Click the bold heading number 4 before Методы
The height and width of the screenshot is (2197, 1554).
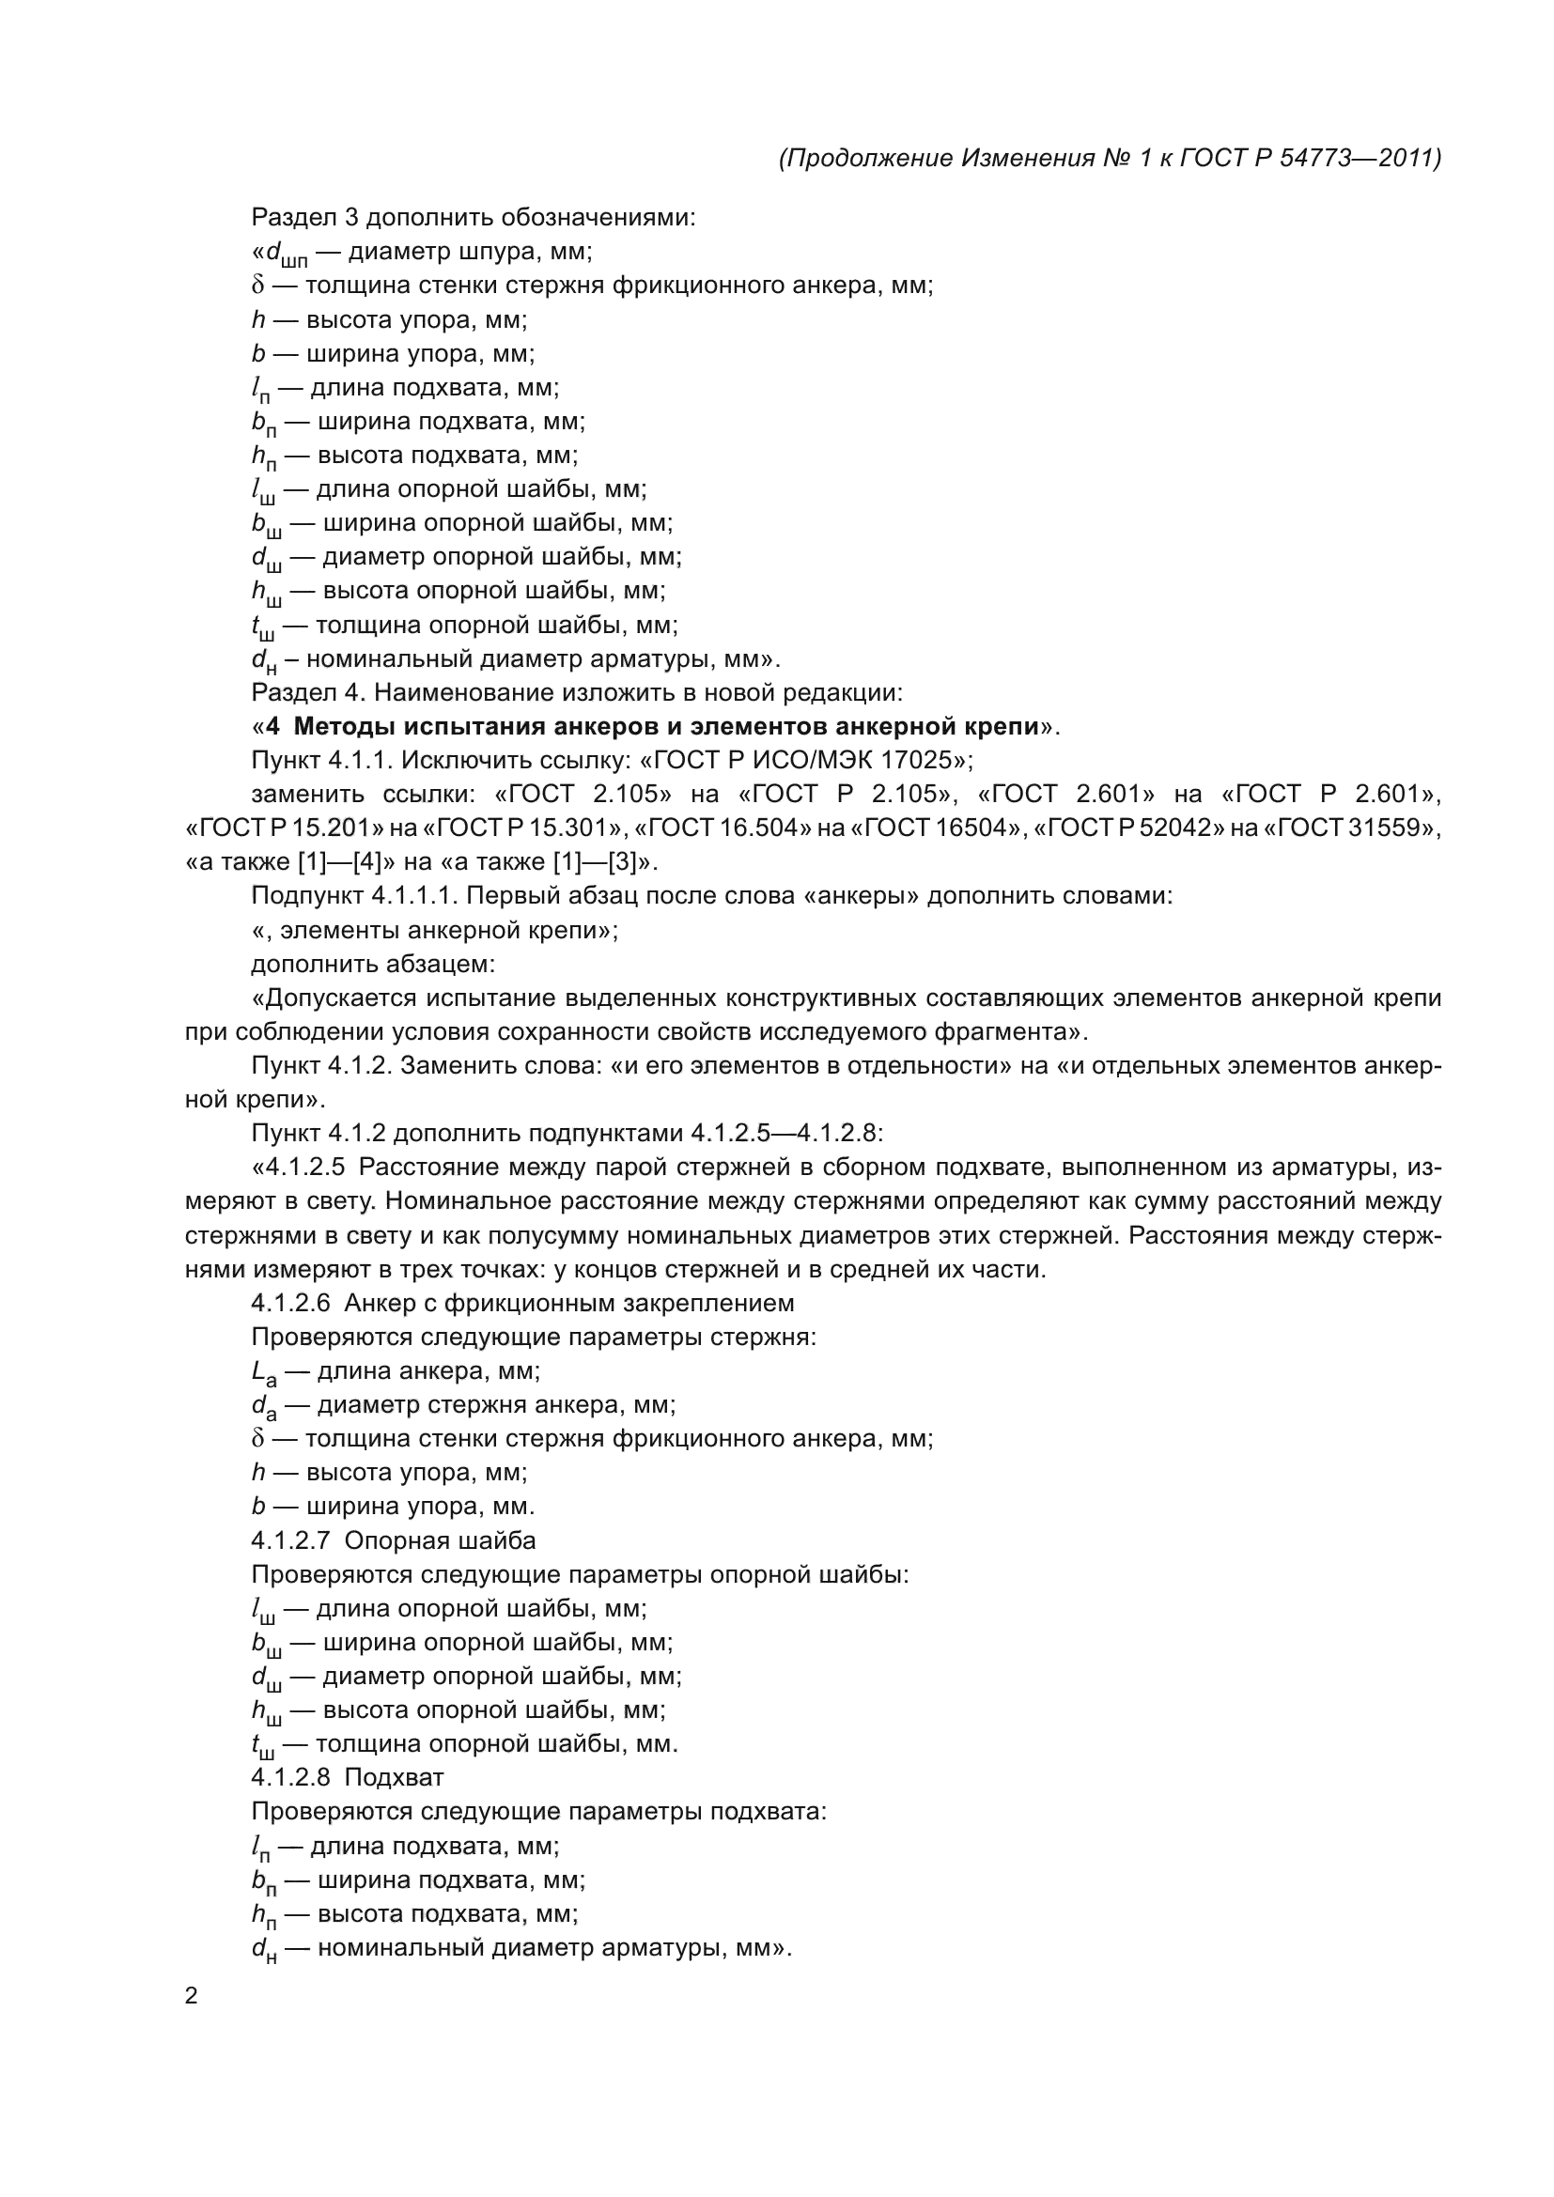tap(273, 726)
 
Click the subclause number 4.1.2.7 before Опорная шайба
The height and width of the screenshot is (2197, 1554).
tap(290, 1539)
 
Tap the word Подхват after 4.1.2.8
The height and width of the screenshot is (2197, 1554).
tap(394, 1777)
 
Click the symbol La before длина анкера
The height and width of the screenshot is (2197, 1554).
tap(264, 1372)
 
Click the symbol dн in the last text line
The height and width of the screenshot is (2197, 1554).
tap(264, 1949)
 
